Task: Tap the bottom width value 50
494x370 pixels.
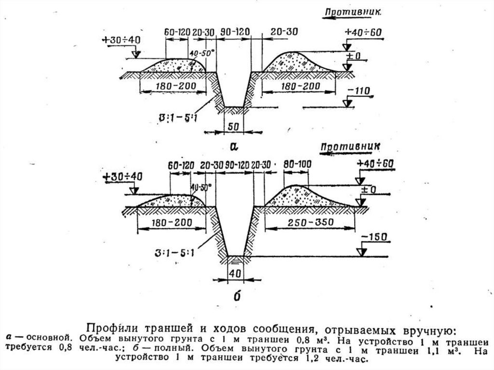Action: (233, 126)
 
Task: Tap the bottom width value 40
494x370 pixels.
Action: (235, 273)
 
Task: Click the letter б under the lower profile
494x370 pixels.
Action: (236, 296)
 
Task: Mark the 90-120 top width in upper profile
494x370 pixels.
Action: (235, 32)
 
